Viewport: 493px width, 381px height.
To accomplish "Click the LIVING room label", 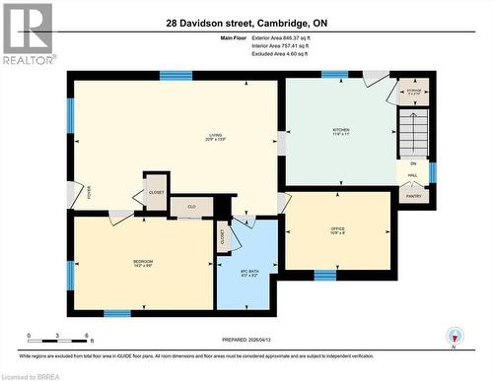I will click(214, 135).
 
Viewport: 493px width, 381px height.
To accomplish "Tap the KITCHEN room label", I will click(340, 130).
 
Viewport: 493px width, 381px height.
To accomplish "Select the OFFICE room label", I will click(337, 229).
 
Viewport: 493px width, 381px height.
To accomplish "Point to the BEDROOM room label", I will click(143, 261).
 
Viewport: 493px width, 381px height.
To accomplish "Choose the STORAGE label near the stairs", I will click(414, 90).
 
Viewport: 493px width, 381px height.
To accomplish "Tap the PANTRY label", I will click(414, 196).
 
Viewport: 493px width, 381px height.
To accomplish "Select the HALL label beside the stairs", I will click(414, 175).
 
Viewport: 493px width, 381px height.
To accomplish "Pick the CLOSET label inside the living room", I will click(156, 192).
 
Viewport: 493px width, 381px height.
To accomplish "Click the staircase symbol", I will click(413, 130).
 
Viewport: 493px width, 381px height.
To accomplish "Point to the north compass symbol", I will click(453, 337).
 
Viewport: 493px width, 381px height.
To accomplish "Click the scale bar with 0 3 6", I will click(59, 338).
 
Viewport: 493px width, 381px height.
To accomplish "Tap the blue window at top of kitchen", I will click(334, 74).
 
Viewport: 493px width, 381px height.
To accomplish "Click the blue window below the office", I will click(324, 273).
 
